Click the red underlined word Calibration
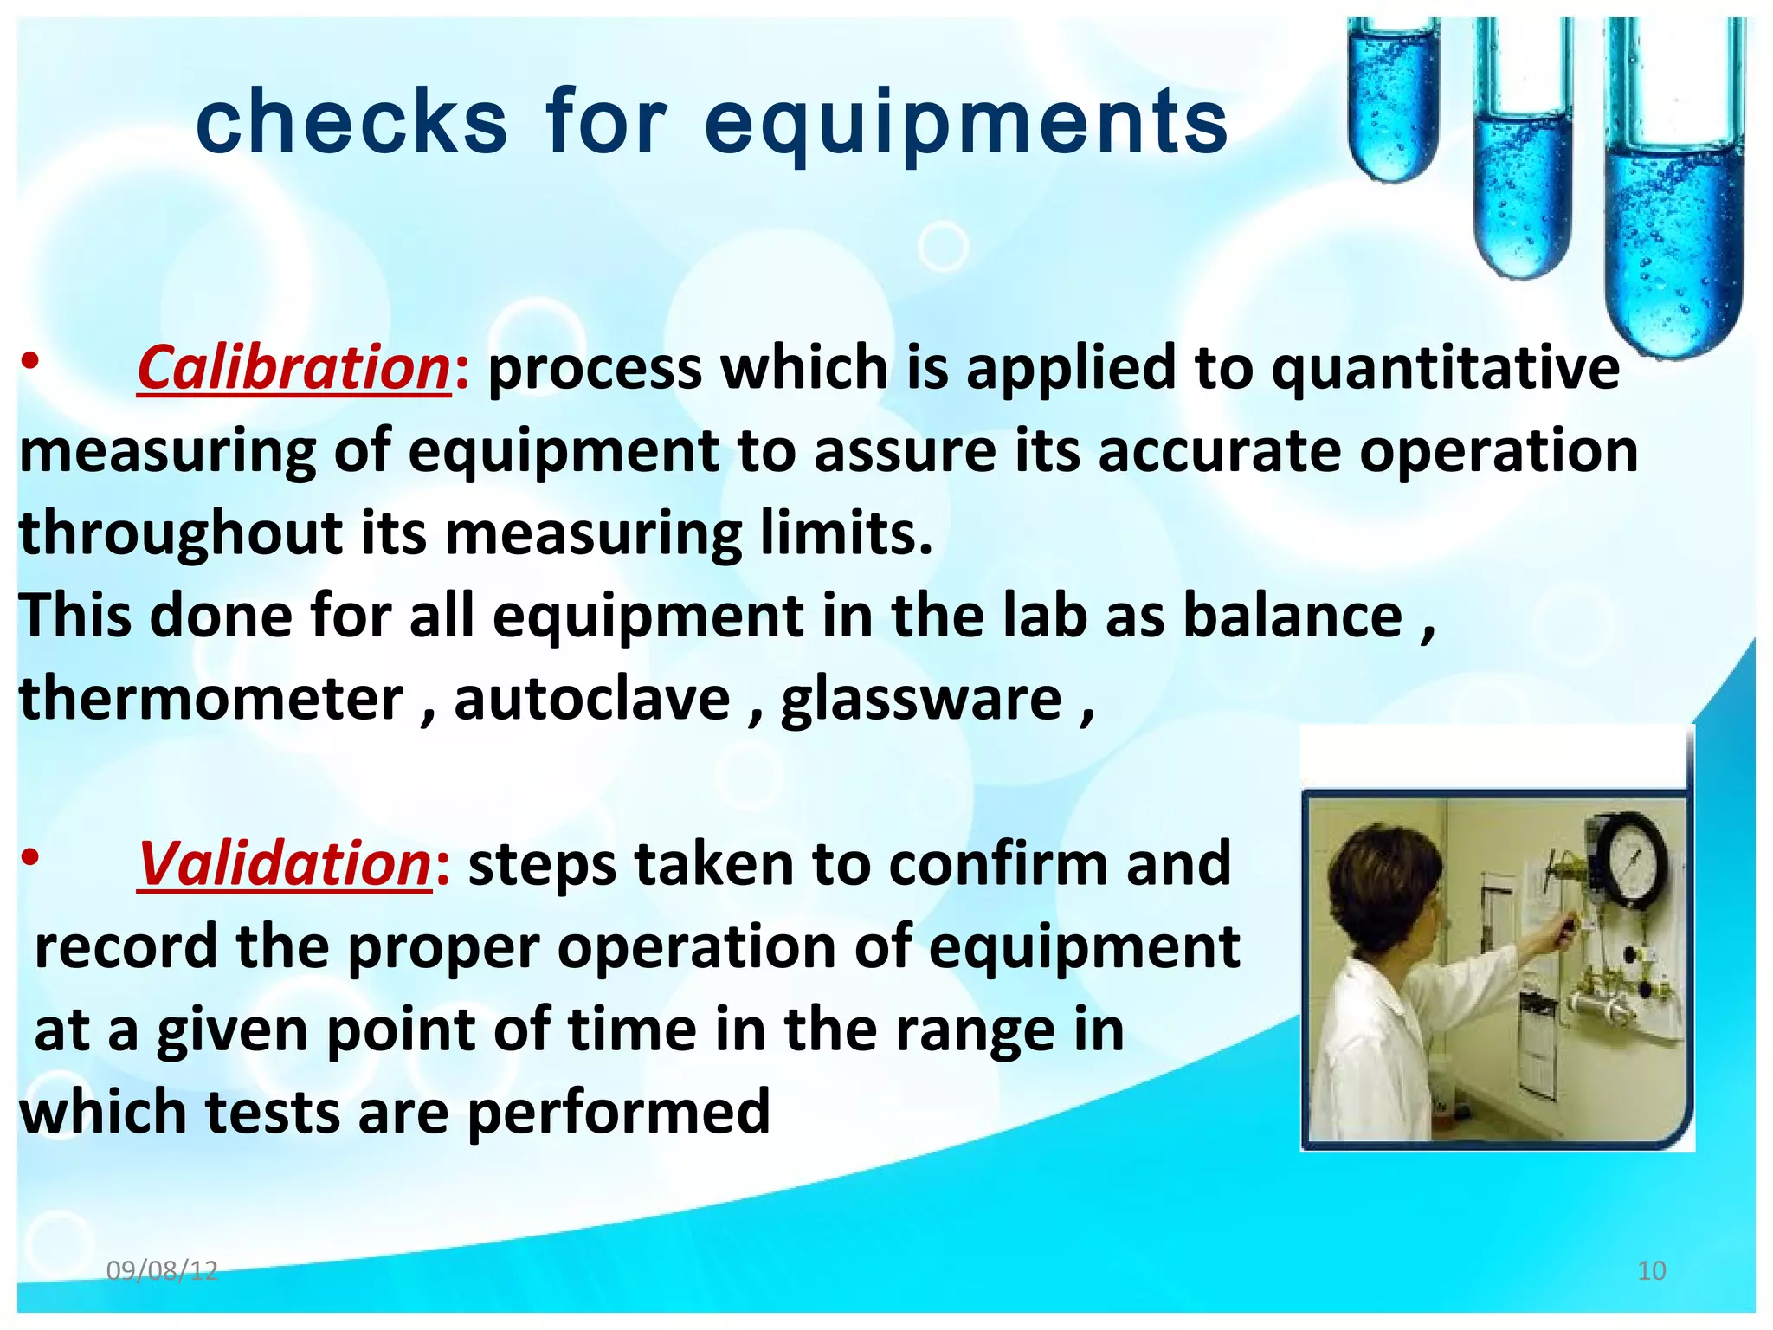[x=293, y=368]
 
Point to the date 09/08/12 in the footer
[x=162, y=1270]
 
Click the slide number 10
[x=1652, y=1270]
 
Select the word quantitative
[x=1445, y=368]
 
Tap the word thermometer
[x=211, y=699]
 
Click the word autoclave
[x=592, y=699]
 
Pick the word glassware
[x=921, y=699]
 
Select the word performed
[x=618, y=1112]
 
